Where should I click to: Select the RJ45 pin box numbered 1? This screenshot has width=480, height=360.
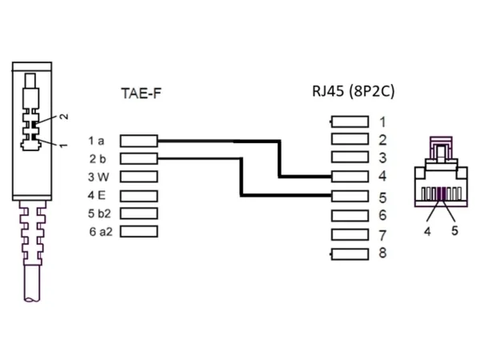(x=350, y=122)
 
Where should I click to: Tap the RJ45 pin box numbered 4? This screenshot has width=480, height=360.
(x=350, y=176)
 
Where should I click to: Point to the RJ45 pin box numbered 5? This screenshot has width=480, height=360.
(x=350, y=196)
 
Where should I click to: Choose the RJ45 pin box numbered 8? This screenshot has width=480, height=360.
(x=350, y=254)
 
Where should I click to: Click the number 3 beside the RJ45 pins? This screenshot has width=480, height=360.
(x=383, y=158)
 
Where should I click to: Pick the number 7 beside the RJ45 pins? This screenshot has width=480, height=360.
(x=383, y=235)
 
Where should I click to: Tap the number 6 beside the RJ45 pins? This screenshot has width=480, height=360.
(x=383, y=215)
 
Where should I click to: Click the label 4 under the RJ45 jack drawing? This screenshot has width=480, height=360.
(x=427, y=230)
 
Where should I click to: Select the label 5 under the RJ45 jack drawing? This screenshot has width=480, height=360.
(x=454, y=230)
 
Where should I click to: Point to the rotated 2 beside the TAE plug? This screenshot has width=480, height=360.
(x=64, y=117)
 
